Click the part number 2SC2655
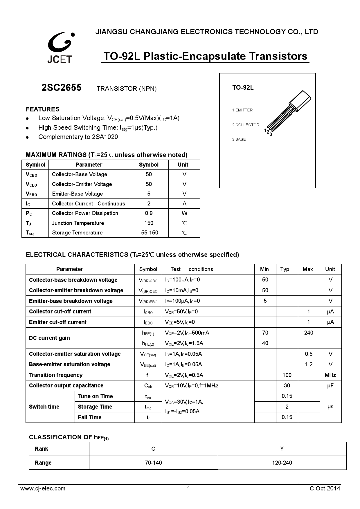pos(62,88)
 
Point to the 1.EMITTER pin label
pos(242,110)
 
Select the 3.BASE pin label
pos(239,140)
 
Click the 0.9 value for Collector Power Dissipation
pos(149,213)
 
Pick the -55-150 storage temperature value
pos(149,233)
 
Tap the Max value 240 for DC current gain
pos(309,333)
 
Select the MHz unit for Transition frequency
pos(330,375)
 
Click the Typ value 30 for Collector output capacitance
pos(287,386)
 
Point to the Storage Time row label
pos(95,407)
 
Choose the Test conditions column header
pos(192,269)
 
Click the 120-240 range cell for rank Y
pos(282,463)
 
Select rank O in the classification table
pos(153,449)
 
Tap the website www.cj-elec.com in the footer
pos(43,488)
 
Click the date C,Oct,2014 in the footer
pos(325,488)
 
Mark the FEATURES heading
pos(43,109)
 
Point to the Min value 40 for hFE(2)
pos(265,343)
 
